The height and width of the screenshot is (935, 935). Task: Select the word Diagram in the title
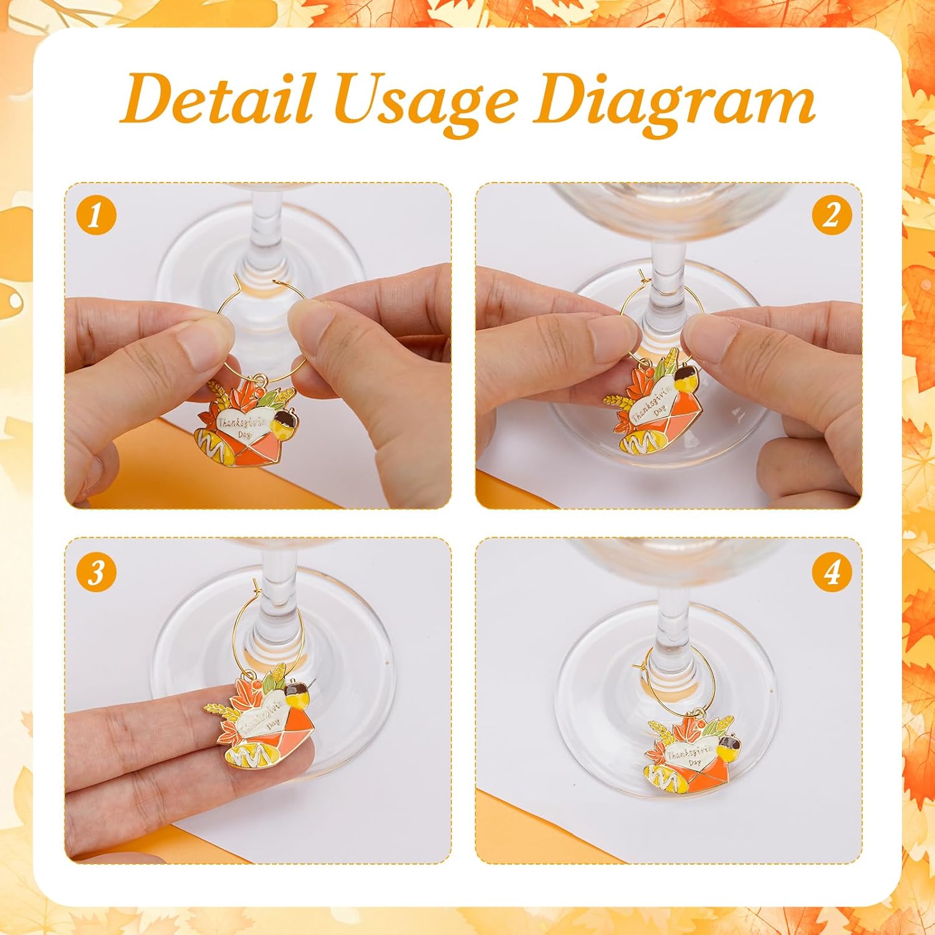673,100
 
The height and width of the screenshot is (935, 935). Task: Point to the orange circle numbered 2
832,216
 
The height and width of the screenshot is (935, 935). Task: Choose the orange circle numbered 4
832,571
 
